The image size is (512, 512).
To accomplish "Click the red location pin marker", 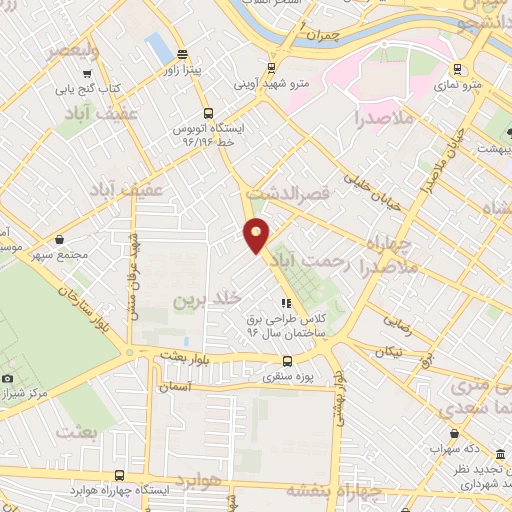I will [257, 234].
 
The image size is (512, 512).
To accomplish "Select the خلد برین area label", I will [208, 299].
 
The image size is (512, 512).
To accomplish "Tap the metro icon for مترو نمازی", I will [458, 69].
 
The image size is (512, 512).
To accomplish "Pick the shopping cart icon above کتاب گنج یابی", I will [88, 72].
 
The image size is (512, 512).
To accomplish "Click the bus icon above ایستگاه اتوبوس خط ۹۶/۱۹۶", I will [208, 113].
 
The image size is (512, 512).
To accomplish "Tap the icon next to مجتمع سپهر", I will [62, 239].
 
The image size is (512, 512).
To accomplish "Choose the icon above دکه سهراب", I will [455, 433].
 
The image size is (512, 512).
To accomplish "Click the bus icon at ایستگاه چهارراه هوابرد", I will [120, 476].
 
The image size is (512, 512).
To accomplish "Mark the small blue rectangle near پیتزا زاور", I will [157, 47].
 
